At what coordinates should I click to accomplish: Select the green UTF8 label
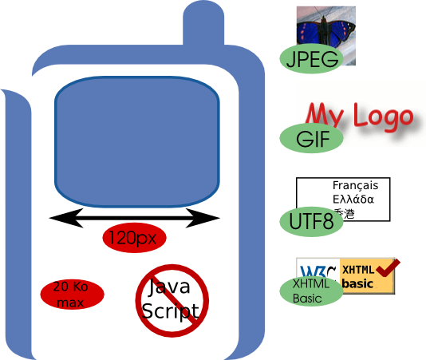pyautogui.click(x=312, y=221)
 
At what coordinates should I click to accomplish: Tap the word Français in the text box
pyautogui.click(x=355, y=185)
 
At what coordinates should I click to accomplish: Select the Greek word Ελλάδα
pyautogui.click(x=353, y=200)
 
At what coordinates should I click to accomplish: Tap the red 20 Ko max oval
pyautogui.click(x=73, y=294)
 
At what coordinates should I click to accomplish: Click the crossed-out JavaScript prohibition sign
pyautogui.click(x=172, y=299)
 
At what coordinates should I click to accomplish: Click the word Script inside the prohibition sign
pyautogui.click(x=170, y=311)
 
